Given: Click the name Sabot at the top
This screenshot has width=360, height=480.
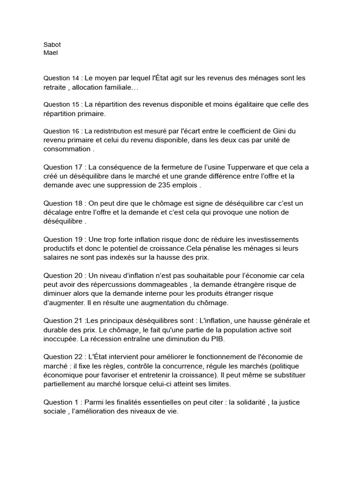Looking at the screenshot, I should click(52, 45).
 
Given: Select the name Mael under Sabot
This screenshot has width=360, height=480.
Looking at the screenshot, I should click(50, 52).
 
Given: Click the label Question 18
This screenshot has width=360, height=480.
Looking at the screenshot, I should click(64, 203).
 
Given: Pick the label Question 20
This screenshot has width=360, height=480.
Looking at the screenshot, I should click(64, 275).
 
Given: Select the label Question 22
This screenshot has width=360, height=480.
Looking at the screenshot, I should click(64, 357).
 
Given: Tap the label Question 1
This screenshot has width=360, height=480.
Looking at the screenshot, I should click(62, 402).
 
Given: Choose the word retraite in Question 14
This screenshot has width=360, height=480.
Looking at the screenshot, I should click(56, 87).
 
